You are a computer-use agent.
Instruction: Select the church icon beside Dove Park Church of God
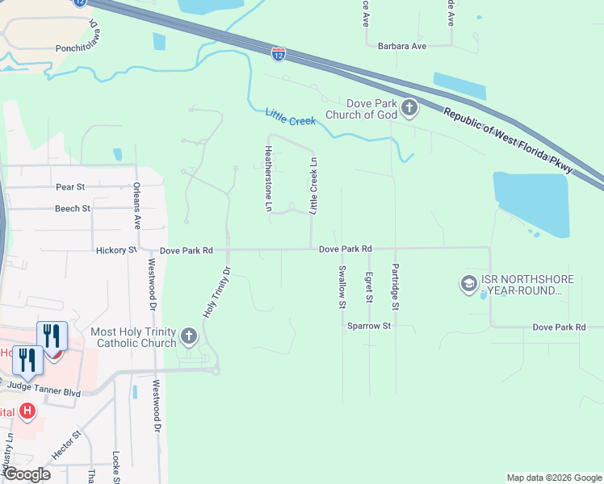(409, 108)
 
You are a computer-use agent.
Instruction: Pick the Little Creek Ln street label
(313, 186)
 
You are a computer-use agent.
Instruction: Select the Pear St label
(70, 187)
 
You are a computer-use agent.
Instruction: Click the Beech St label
(73, 209)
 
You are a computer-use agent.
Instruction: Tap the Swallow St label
(342, 287)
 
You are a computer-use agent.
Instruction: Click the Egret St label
(368, 287)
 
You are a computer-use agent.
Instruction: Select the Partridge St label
(395, 287)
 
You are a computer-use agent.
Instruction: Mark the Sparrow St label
(369, 327)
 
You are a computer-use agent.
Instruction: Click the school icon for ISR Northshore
(468, 284)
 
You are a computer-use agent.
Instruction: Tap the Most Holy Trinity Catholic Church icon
(189, 336)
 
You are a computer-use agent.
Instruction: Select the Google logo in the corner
(27, 474)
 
